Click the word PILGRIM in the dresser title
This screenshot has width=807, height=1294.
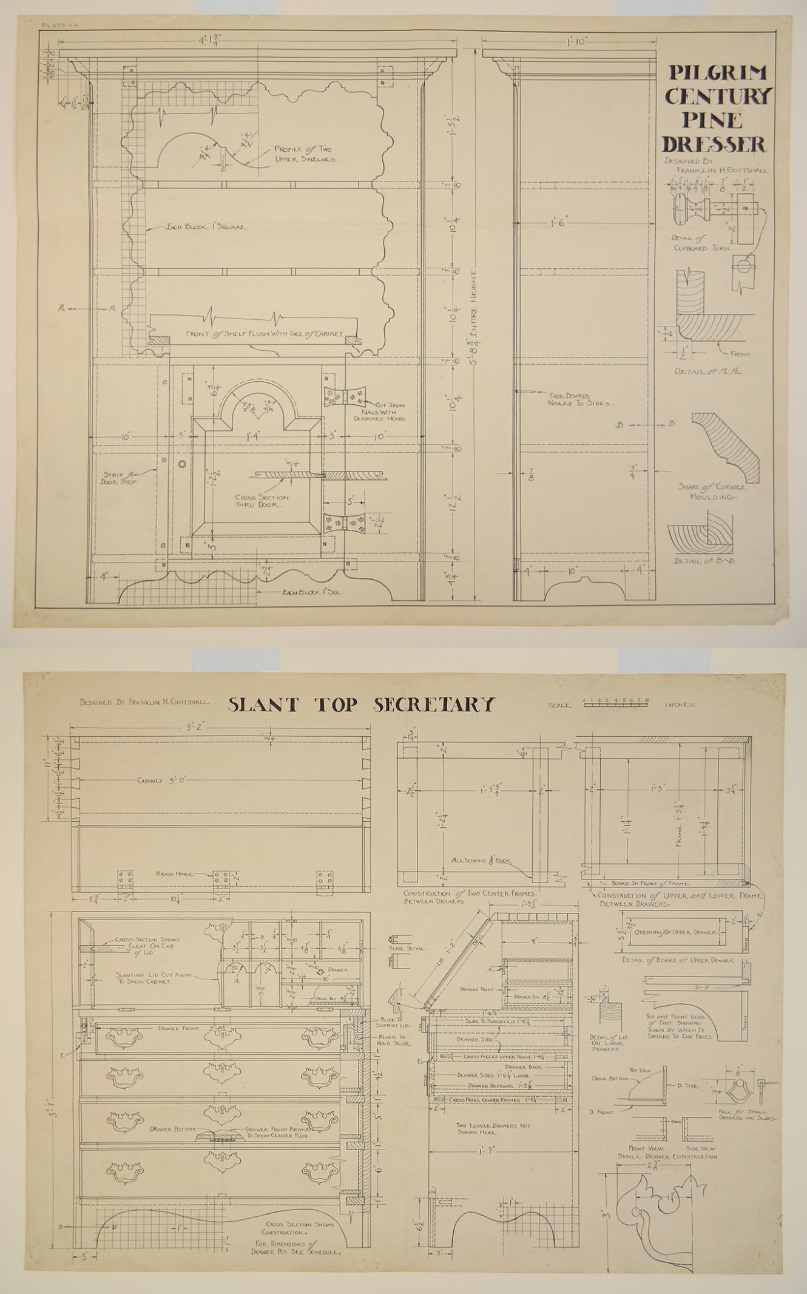pos(717,73)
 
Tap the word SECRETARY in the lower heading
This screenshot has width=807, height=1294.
pos(434,705)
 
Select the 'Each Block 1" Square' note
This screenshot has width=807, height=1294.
pos(207,227)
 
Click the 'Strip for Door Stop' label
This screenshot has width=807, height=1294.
pos(120,478)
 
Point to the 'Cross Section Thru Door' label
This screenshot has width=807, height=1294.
pos(262,501)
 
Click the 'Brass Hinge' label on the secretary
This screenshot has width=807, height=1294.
pos(174,873)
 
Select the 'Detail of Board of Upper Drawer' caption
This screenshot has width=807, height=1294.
pos(677,960)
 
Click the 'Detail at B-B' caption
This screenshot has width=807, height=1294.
pos(704,561)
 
